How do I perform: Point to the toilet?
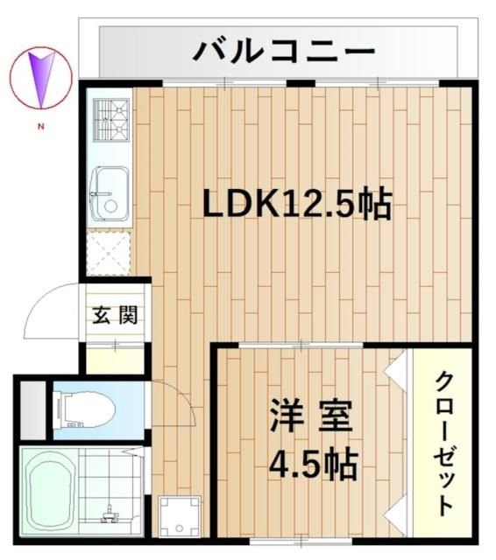pyautogui.click(x=84, y=407)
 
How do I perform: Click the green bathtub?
pyautogui.click(x=53, y=494)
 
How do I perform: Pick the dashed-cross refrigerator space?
pyautogui.click(x=110, y=253)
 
